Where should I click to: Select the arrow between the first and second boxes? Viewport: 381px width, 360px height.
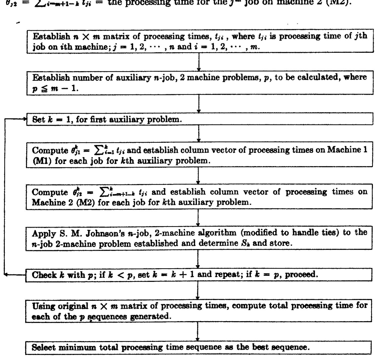point(199,62)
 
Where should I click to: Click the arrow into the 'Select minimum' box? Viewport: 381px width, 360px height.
point(198,332)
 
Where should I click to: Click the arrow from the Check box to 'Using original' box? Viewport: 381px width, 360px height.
point(198,290)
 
